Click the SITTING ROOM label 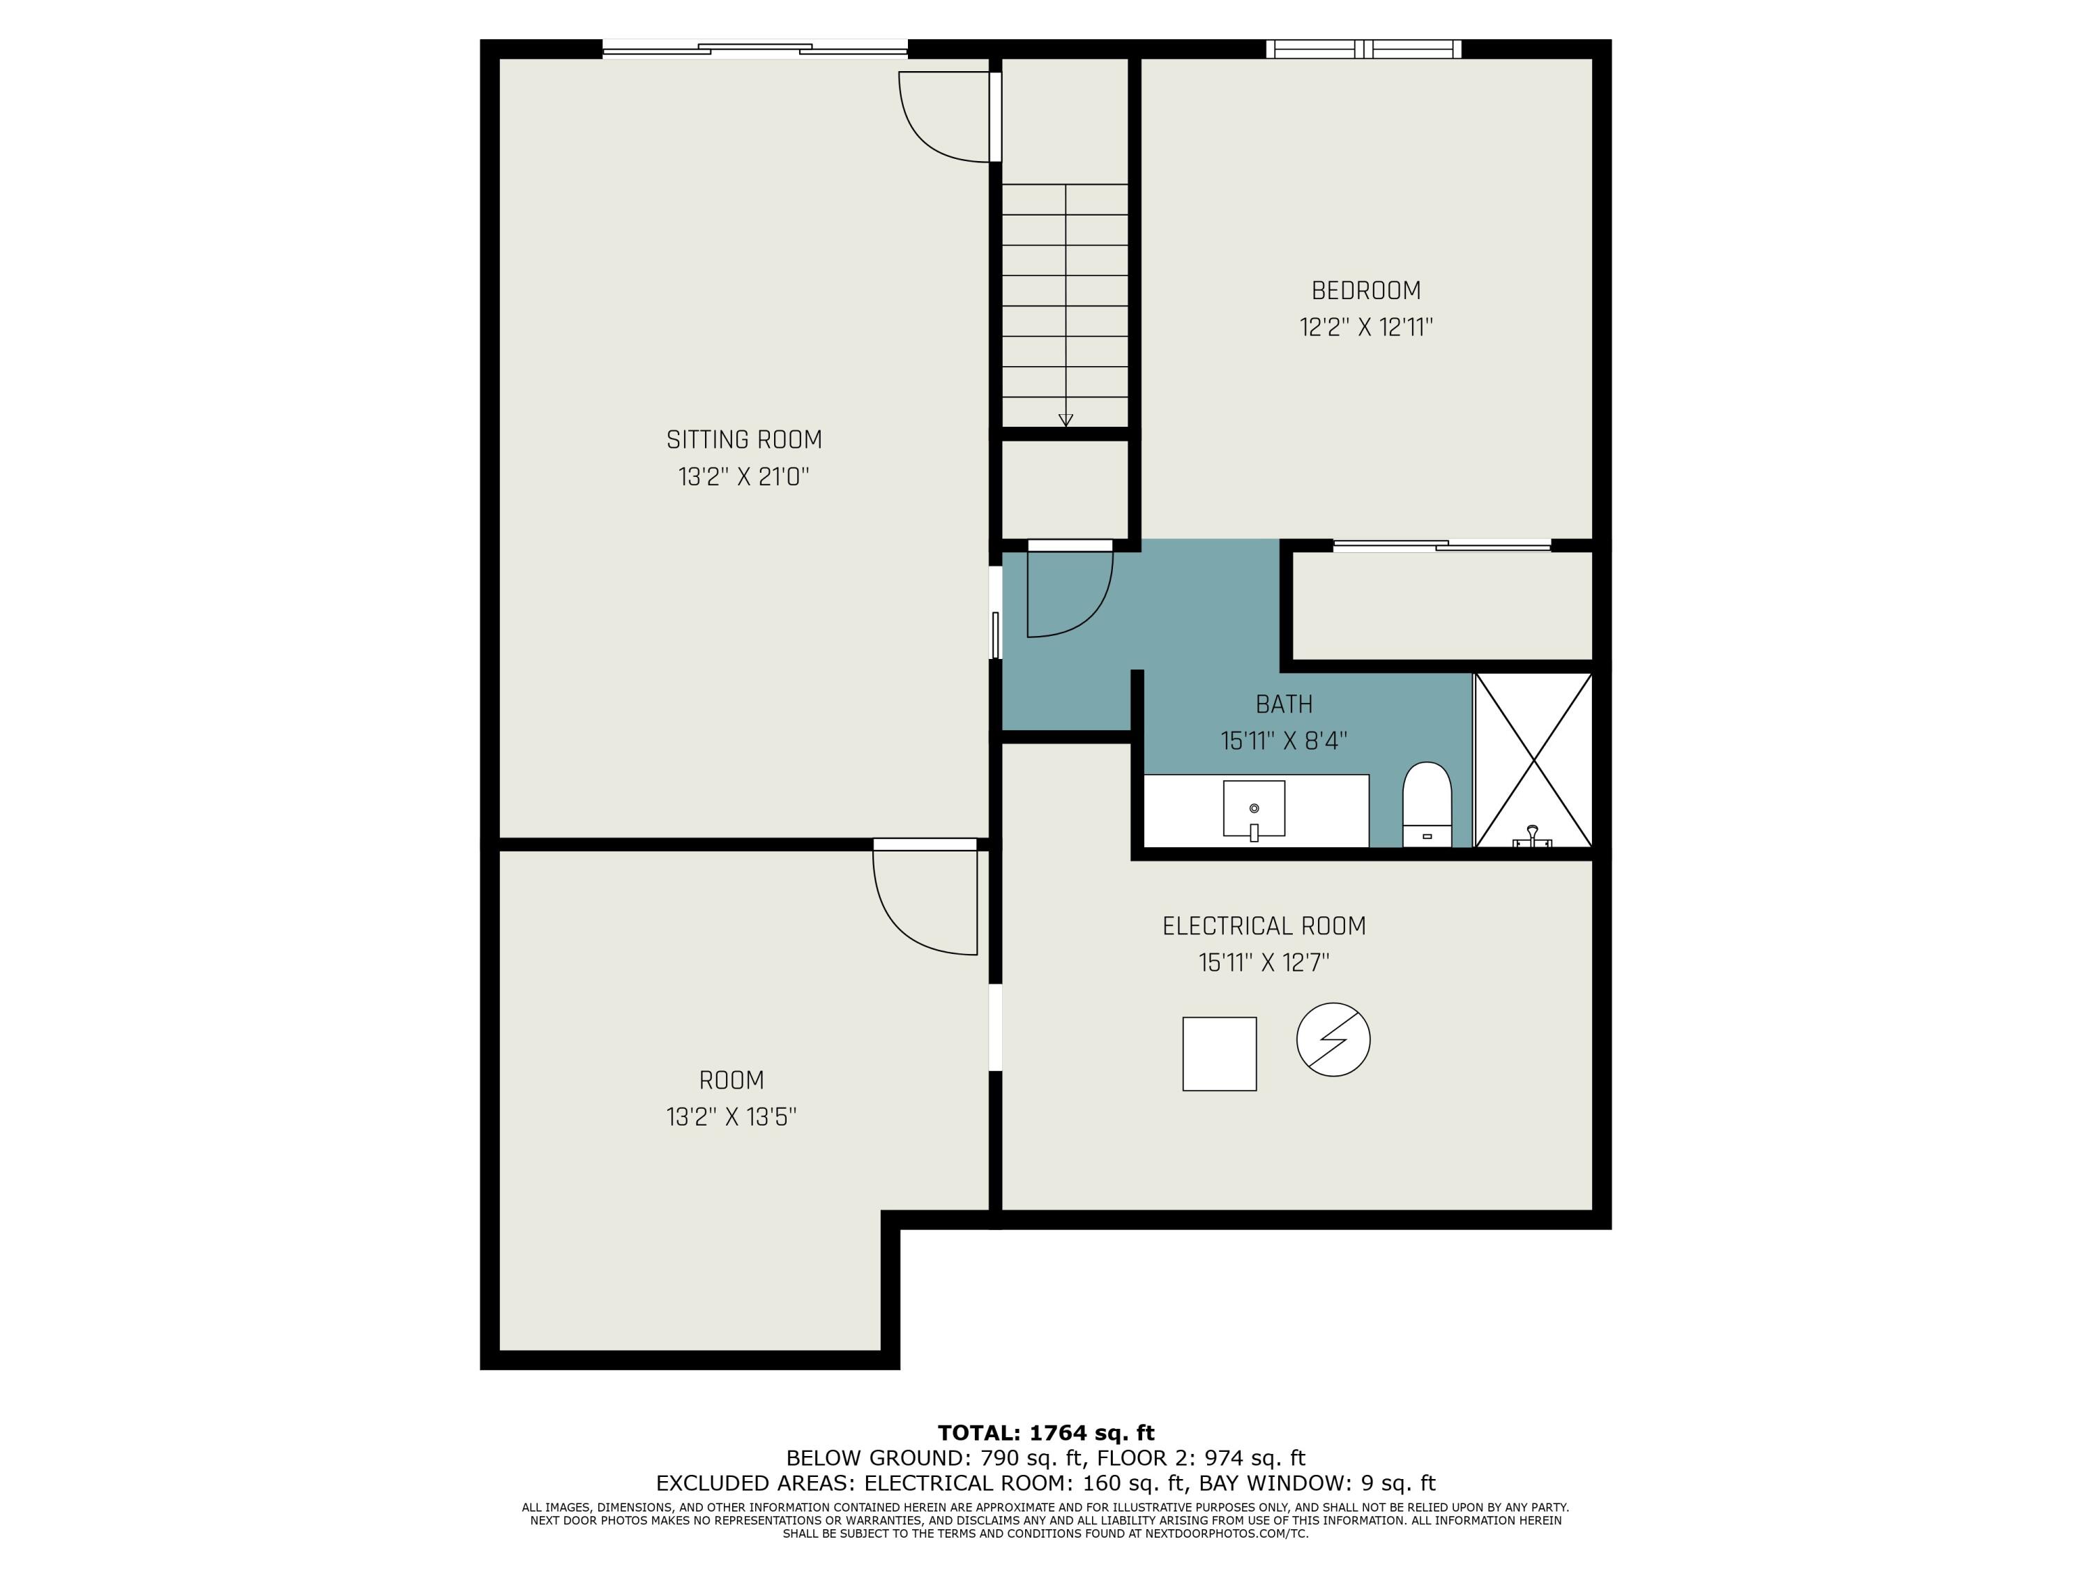point(744,440)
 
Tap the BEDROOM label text point(1365,290)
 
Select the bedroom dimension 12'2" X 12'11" point(1365,327)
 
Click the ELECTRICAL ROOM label point(1264,926)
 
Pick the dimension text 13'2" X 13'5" point(731,1117)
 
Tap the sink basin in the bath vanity point(1254,809)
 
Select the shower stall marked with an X point(1533,759)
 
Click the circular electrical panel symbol point(1333,1040)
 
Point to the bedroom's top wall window point(1364,50)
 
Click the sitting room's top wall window point(755,50)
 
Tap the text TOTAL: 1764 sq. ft point(1046,1433)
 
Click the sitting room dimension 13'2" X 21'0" point(744,477)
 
